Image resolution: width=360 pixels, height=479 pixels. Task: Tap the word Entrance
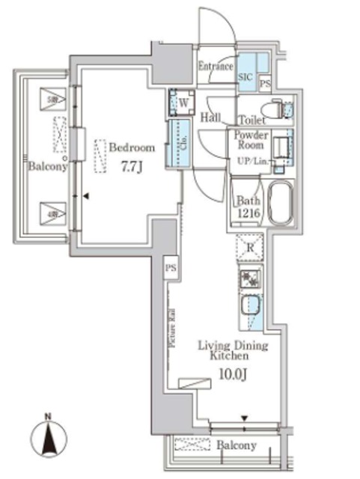pos(216,67)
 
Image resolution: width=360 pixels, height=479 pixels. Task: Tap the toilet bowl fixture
pos(278,109)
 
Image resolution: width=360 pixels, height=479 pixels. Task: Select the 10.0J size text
pos(234,371)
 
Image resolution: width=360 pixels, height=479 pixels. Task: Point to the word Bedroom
pos(132,147)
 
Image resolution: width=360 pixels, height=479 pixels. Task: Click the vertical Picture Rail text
pos(171,330)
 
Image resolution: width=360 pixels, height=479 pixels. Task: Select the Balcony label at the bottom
pos(237,445)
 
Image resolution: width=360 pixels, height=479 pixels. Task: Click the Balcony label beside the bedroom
pos(48,167)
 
